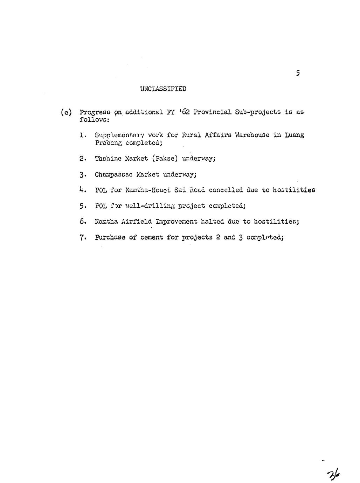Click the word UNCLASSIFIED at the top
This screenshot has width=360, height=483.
pos(163,89)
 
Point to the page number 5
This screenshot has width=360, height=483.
pos(298,73)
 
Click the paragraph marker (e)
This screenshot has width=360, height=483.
pos(66,112)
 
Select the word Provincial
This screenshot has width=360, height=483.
pos(213,112)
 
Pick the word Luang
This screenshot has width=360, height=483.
pos(295,135)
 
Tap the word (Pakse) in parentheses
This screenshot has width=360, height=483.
pos(165,159)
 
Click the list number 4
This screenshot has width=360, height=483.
pos(83,190)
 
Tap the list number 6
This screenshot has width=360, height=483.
pos(83,222)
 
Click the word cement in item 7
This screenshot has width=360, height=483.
pos(152,237)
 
